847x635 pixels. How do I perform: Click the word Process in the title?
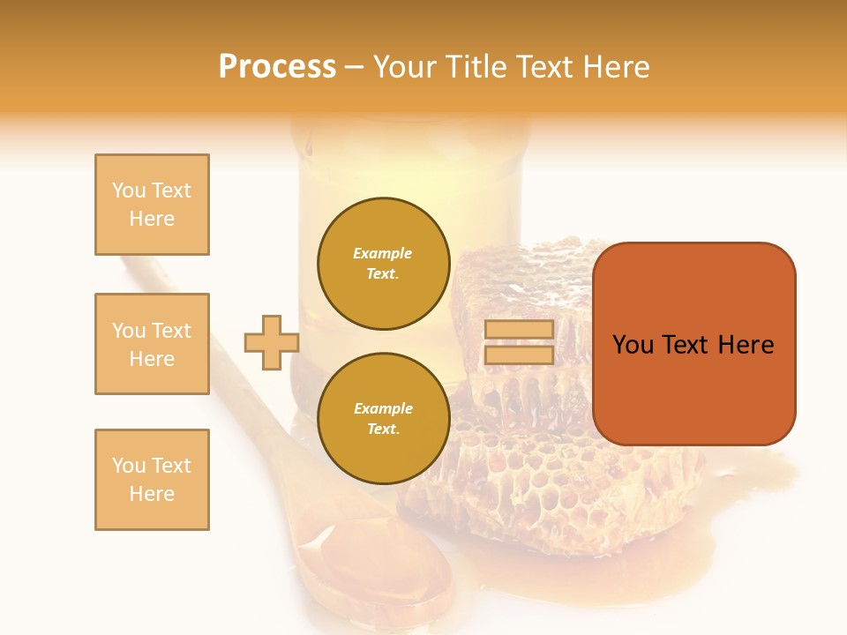click(277, 67)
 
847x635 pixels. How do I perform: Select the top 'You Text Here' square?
click(152, 205)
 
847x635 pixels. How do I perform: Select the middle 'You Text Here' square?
click(152, 344)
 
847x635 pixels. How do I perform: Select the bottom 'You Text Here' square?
click(152, 480)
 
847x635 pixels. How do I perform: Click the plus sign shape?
click(271, 342)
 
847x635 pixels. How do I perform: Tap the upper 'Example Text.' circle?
click(383, 264)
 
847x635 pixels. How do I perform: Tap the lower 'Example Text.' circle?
click(383, 419)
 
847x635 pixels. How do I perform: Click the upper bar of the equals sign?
click(519, 330)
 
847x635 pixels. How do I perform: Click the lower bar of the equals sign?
click(519, 355)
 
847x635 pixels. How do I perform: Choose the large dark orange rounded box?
click(693, 344)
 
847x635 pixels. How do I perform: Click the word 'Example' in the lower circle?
click(383, 408)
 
